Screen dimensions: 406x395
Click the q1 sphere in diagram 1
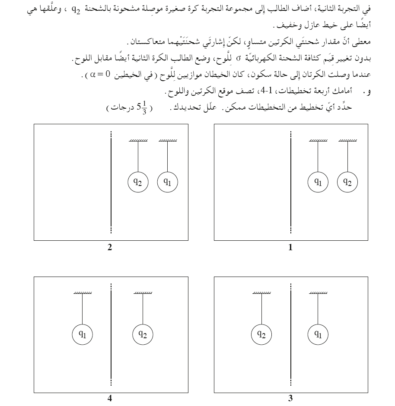pyautogui.click(x=318, y=182)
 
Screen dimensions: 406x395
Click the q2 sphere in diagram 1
pyautogui.click(x=347, y=182)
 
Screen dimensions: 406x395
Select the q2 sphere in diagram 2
pyautogui.click(x=138, y=182)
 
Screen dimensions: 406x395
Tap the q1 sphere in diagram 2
pyautogui.click(x=168, y=182)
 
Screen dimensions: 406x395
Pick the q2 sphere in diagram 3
pyautogui.click(x=261, y=334)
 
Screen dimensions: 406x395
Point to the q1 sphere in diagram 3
pyautogui.click(x=318, y=334)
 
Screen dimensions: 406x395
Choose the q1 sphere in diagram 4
pyautogui.click(x=82, y=334)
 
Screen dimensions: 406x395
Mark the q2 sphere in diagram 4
pyautogui.click(x=143, y=334)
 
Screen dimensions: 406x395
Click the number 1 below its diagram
pyautogui.click(x=290, y=247)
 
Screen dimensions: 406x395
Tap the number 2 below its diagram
pyautogui.click(x=110, y=247)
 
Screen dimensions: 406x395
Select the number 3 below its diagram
pyautogui.click(x=290, y=398)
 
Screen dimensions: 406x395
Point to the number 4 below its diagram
pyautogui.click(x=110, y=398)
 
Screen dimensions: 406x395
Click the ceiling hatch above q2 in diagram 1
pyautogui.click(x=347, y=140)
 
